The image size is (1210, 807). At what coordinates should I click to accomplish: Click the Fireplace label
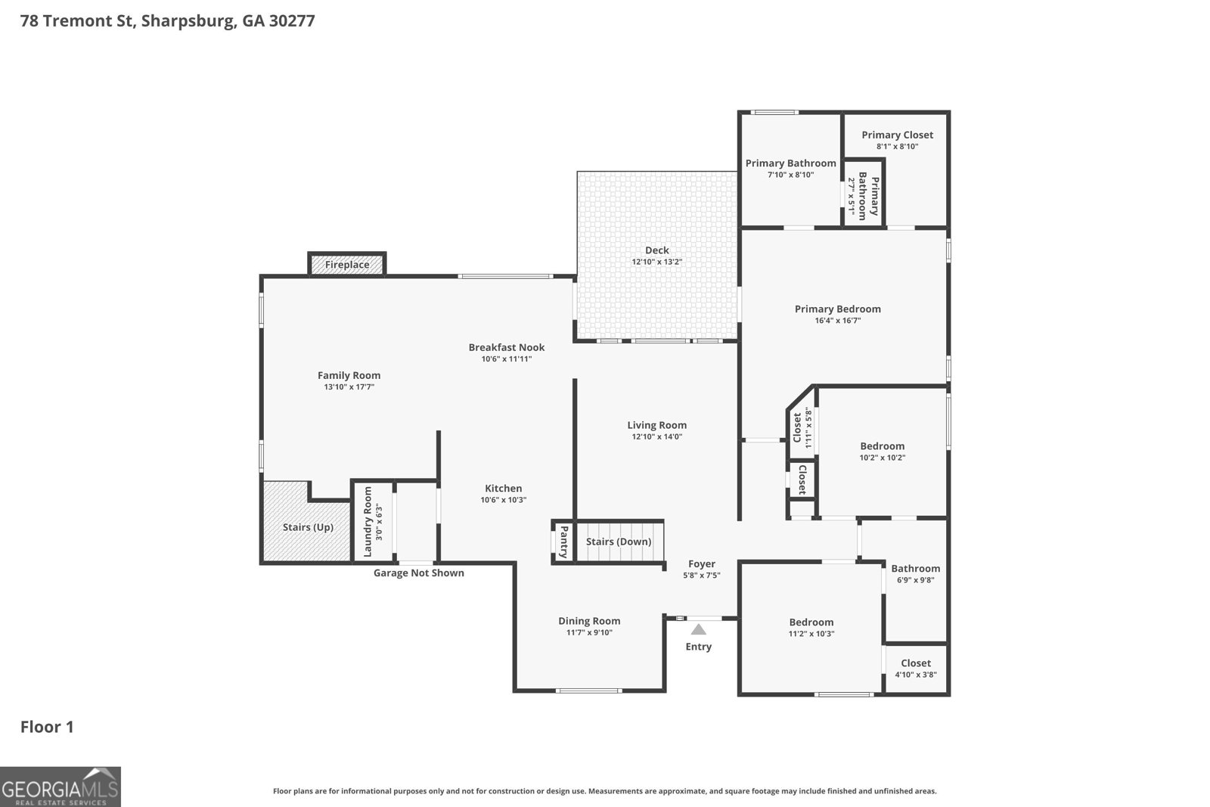coord(347,265)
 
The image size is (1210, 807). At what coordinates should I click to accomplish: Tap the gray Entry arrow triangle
coord(699,629)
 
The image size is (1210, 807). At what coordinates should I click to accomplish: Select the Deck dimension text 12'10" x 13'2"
coord(657,262)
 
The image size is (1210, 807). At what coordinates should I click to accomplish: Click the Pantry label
coord(564,542)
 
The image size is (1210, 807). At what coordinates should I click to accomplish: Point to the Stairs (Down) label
coord(619,542)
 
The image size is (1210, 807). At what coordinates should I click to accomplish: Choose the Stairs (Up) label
coord(308,527)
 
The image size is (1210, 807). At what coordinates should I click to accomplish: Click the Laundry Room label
coord(368,522)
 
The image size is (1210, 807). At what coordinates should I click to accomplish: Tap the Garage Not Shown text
coord(419,573)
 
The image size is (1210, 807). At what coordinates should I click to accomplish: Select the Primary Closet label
coord(897,135)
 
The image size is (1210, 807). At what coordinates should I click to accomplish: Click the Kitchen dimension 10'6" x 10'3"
coord(504,500)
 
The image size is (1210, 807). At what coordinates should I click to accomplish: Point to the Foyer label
coord(702,564)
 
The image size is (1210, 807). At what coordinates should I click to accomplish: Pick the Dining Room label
coord(589,621)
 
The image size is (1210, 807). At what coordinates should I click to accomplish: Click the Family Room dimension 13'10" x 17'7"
coord(349,387)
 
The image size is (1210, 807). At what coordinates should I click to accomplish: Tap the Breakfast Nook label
coord(507,347)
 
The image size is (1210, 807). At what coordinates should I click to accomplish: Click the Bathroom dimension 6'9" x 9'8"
coord(916,580)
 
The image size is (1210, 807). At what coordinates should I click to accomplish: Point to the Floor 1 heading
coord(47,727)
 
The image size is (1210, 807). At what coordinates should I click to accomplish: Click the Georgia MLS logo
coord(60,787)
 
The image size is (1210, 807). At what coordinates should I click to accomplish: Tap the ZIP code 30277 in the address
coord(292,21)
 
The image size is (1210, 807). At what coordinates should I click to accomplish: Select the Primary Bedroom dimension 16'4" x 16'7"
coord(838,321)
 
